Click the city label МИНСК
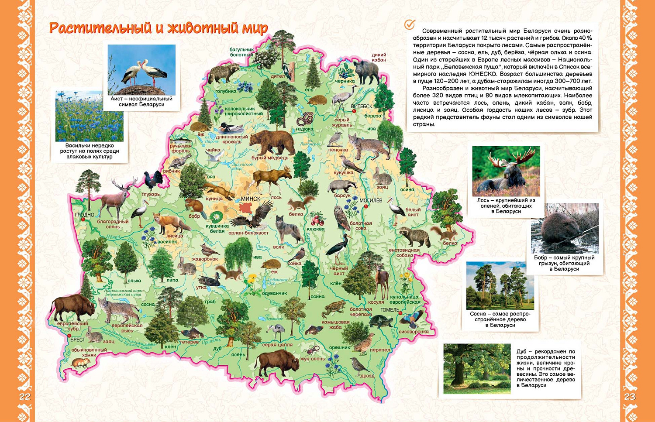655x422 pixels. click(250, 199)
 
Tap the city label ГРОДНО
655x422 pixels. click(84, 215)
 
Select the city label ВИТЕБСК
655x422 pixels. click(362, 106)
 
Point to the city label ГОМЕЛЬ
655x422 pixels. click(390, 310)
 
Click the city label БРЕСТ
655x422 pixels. click(78, 340)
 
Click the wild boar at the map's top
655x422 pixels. click(366, 71)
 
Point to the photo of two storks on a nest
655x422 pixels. click(141, 70)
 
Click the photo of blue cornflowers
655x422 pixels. click(90, 116)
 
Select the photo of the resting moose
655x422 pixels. click(506, 171)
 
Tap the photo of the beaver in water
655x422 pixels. click(564, 228)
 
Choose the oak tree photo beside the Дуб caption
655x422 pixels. click(477, 368)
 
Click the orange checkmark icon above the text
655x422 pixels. click(409, 25)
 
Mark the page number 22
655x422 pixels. click(25, 396)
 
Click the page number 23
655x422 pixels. click(630, 396)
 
